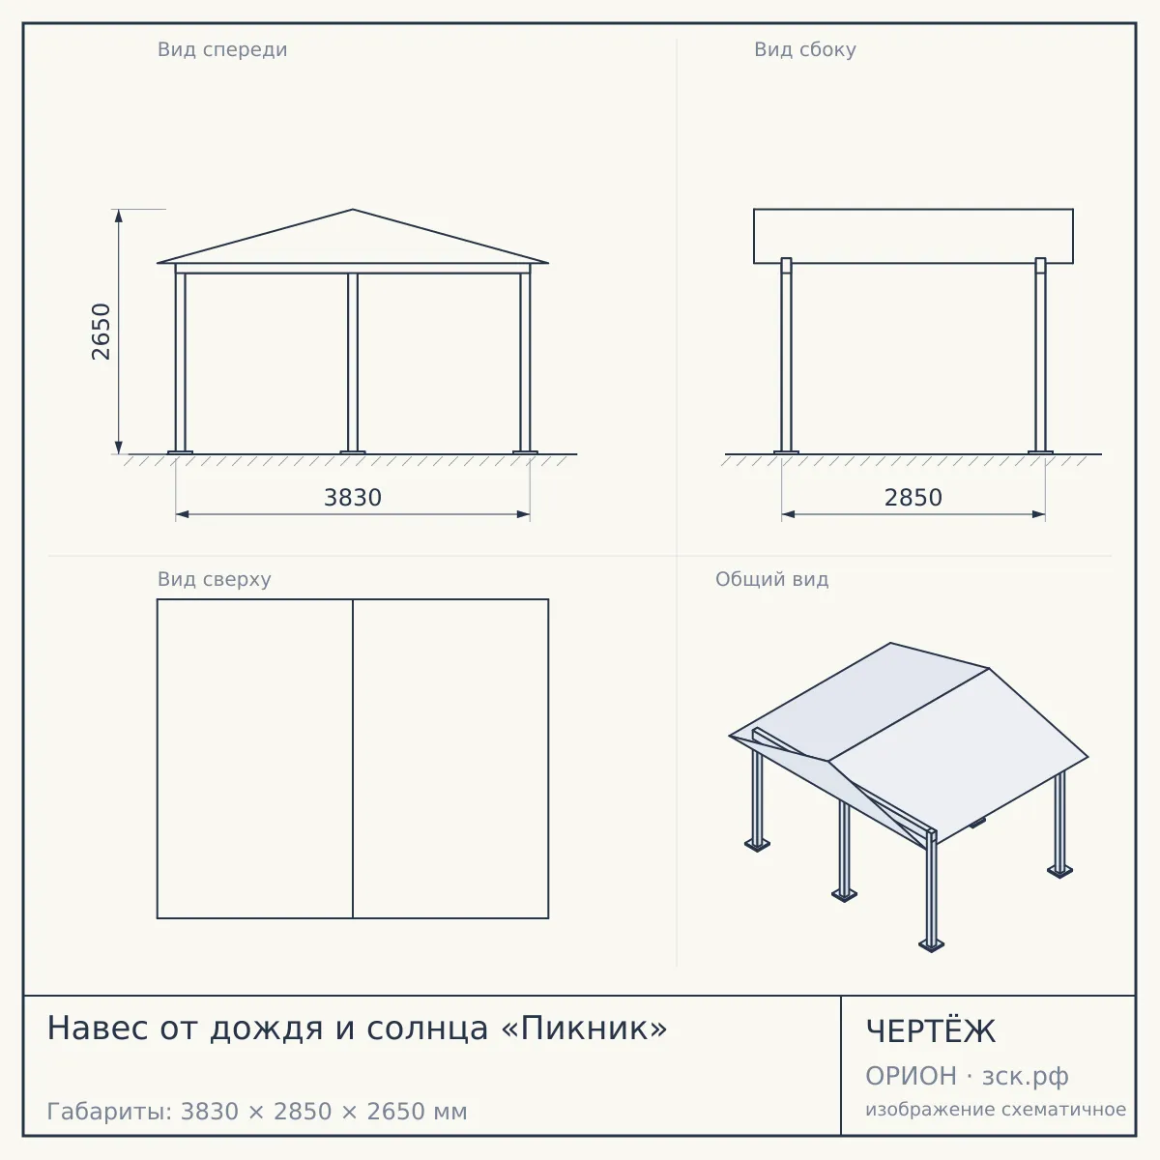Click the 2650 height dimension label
101,332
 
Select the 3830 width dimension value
353,498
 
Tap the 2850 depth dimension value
913,498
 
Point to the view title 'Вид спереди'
222,49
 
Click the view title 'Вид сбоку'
805,49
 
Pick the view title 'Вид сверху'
215,579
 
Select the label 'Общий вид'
771,579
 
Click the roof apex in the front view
353,210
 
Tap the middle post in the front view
353,362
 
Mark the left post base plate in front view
180,452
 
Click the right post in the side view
1040,355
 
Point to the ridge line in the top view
353,759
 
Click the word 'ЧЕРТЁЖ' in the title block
931,1031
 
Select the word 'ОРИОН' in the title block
911,1076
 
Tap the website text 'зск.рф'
1026,1078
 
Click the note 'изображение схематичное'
996,1110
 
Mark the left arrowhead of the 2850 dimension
788,514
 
